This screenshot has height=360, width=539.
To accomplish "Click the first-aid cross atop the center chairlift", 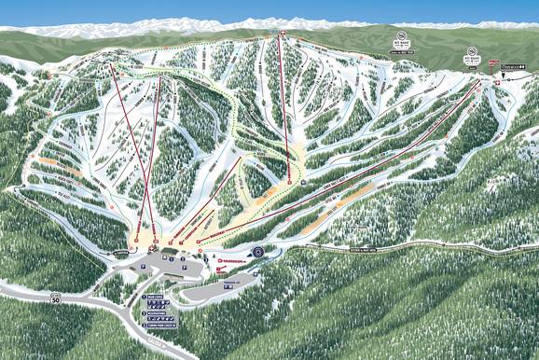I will pos(283,34).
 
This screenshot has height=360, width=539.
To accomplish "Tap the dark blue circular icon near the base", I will pos(258,251).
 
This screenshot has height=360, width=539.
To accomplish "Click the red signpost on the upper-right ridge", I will pos(473,67).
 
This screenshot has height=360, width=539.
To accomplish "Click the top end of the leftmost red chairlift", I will pos(112,65).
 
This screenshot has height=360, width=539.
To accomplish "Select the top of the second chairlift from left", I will pos(159,77).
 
